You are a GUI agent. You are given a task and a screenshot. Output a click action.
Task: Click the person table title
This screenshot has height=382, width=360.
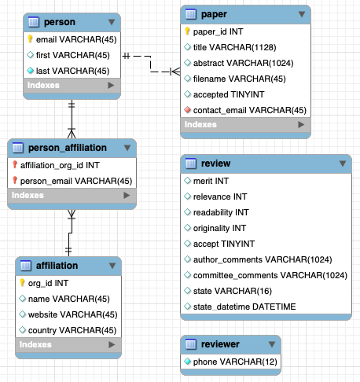pyautogui.click(x=60, y=22)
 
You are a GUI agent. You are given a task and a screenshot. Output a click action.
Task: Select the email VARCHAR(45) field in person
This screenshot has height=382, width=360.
pyautogui.click(x=76, y=39)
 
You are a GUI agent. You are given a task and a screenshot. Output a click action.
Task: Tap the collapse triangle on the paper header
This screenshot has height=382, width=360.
pyautogui.click(x=302, y=14)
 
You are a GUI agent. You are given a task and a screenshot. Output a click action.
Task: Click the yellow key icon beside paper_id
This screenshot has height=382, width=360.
pyautogui.click(x=187, y=31)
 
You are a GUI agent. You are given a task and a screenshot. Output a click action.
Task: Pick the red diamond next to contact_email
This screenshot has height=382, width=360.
pyautogui.click(x=187, y=110)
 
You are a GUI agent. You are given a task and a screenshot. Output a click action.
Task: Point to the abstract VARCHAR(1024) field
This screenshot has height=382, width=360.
pyautogui.click(x=243, y=63)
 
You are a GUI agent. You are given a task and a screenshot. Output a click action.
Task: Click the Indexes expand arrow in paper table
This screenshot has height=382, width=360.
pyautogui.click(x=301, y=124)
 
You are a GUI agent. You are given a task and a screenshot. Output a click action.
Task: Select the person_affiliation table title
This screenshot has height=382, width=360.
pyautogui.click(x=68, y=148)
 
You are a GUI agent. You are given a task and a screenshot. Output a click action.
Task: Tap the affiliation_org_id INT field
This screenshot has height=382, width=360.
pyautogui.click(x=60, y=165)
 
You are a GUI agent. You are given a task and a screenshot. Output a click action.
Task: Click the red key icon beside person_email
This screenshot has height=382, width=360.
pyautogui.click(x=15, y=180)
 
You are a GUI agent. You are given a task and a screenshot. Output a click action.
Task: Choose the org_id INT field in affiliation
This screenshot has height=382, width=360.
pyautogui.click(x=48, y=283)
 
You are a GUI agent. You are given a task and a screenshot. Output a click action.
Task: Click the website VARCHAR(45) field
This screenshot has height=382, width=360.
pyautogui.click(x=72, y=314)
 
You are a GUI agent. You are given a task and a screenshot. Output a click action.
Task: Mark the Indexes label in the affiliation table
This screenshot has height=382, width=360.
pyautogui.click(x=35, y=344)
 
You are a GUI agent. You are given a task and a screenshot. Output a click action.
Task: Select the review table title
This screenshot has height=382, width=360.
pyautogui.click(x=215, y=163)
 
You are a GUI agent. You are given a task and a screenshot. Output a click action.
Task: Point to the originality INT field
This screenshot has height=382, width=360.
pyautogui.click(x=219, y=228)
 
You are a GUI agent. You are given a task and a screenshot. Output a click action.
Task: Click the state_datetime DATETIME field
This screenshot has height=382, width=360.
pyautogui.click(x=244, y=307)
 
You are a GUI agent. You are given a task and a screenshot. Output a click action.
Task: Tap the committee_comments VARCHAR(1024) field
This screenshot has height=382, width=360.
pyautogui.click(x=270, y=275)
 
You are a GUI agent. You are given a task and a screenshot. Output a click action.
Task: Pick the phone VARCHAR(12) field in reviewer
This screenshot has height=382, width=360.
pyautogui.click(x=235, y=362)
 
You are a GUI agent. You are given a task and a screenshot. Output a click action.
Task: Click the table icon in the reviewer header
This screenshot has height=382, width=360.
pyautogui.click(x=191, y=344)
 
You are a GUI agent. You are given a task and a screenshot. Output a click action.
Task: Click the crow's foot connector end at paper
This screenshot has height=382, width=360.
pyautogui.click(x=175, y=72)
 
